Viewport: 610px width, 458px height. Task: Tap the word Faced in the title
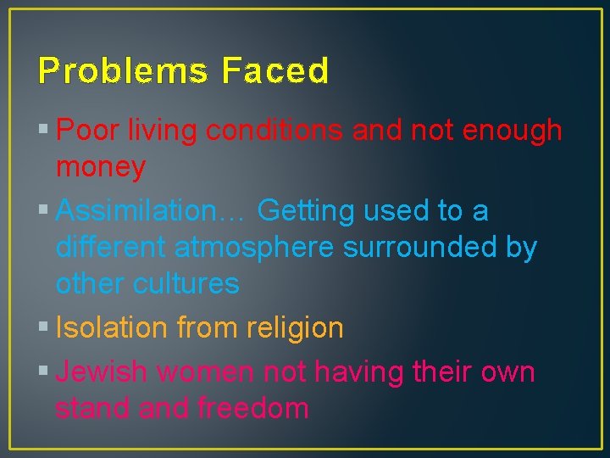coord(275,72)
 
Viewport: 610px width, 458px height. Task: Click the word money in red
coord(100,168)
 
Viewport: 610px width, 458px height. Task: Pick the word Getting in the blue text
coord(306,210)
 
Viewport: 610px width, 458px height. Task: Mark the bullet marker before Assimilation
coord(43,210)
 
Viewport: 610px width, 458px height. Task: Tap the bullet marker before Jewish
coord(43,372)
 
